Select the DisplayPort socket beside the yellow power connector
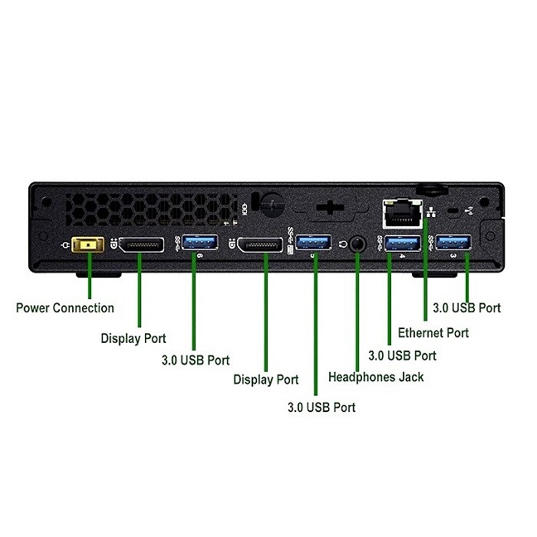pyautogui.click(x=140, y=245)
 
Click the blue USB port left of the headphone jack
pyautogui.click(x=314, y=243)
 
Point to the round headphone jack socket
pyautogui.click(x=356, y=244)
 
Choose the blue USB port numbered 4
pyautogui.click(x=402, y=243)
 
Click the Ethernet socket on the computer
pyautogui.click(x=400, y=215)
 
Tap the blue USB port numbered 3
pyautogui.click(x=454, y=242)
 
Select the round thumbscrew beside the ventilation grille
pyautogui.click(x=267, y=204)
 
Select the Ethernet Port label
pyautogui.click(x=433, y=333)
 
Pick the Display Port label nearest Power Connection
pyautogui.click(x=133, y=338)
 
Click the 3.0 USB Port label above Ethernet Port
pyautogui.click(x=467, y=307)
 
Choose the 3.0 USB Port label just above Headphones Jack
pyautogui.click(x=402, y=356)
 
